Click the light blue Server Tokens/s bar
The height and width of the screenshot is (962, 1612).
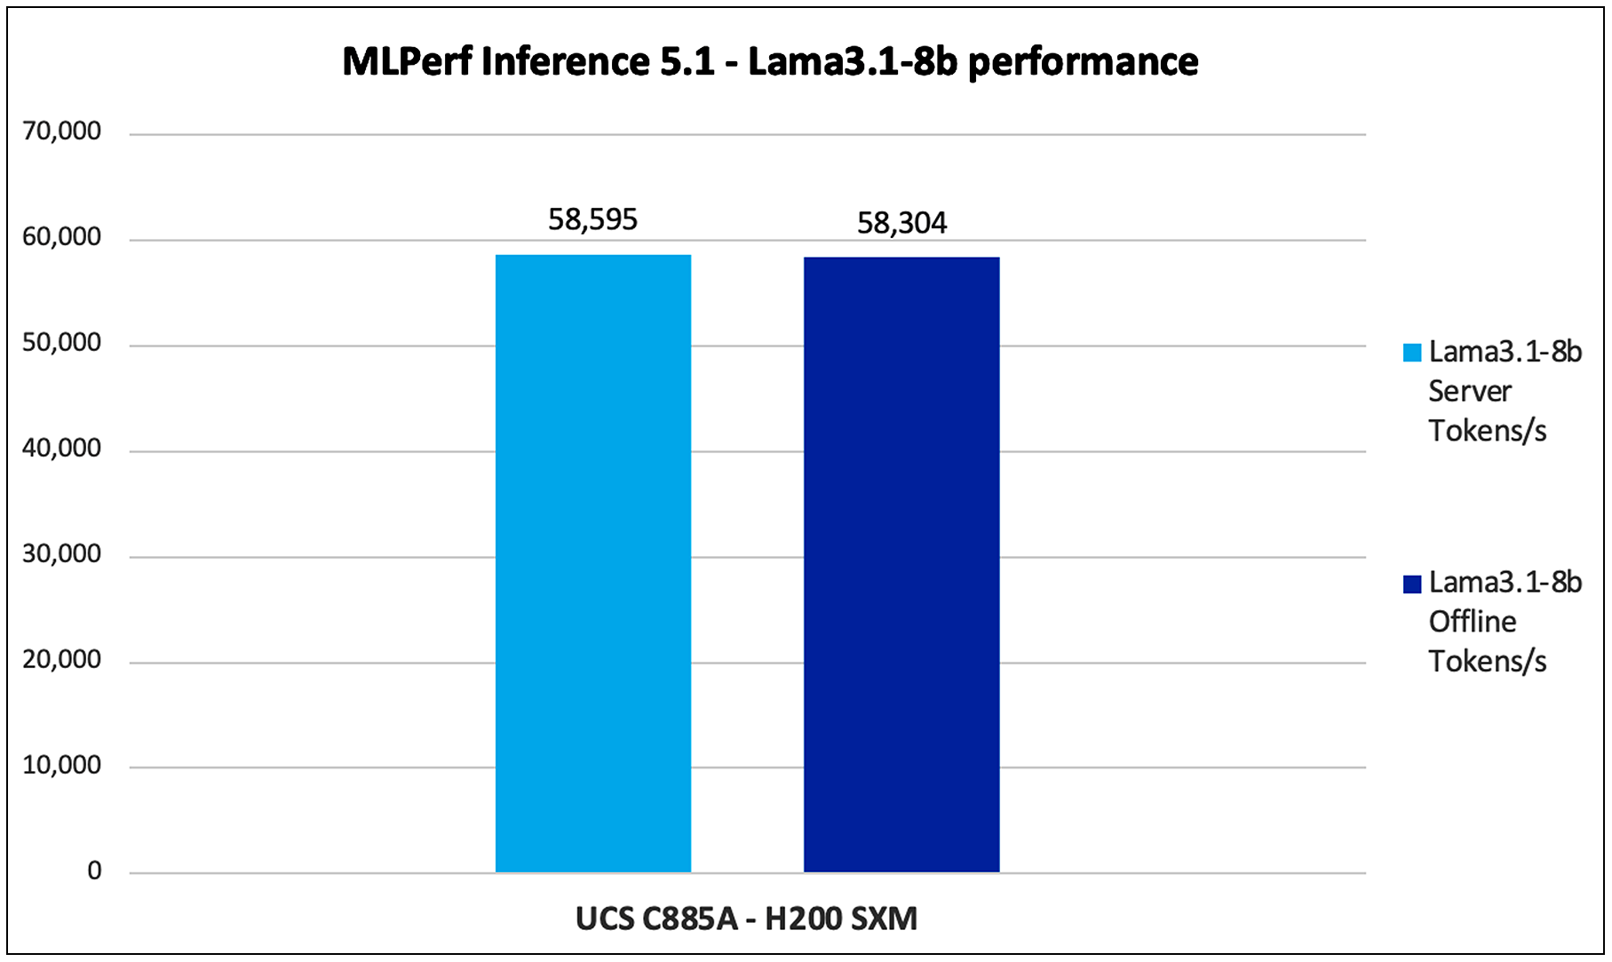pyautogui.click(x=592, y=563)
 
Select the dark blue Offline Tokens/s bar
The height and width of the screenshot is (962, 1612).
pyautogui.click(x=901, y=564)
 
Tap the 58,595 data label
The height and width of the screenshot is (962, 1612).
pyautogui.click(x=592, y=219)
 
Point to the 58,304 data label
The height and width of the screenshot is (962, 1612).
pyautogui.click(x=901, y=223)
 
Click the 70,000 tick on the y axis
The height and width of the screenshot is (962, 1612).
pyautogui.click(x=62, y=131)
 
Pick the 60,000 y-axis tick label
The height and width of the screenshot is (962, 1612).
pyautogui.click(x=62, y=237)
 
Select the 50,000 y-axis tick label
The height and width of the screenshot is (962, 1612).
pyautogui.click(x=62, y=343)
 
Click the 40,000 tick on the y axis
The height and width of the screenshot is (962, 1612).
pyautogui.click(x=62, y=449)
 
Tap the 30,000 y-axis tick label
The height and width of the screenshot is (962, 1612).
pyautogui.click(x=62, y=554)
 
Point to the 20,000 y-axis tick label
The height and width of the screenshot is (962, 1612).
pyautogui.click(x=62, y=660)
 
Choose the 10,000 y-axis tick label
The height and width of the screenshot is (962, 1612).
pyautogui.click(x=62, y=766)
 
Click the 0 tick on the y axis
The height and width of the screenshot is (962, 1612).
pyautogui.click(x=94, y=871)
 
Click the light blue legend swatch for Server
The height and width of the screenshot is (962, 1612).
pyautogui.click(x=1411, y=353)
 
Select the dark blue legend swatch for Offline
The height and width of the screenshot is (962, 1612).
pyautogui.click(x=1411, y=584)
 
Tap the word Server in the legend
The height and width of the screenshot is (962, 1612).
pyautogui.click(x=1469, y=392)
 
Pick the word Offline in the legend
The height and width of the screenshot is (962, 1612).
pyautogui.click(x=1472, y=622)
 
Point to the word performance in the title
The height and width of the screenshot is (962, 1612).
pyautogui.click(x=1083, y=62)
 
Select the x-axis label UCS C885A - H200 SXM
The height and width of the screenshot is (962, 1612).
pyautogui.click(x=746, y=918)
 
